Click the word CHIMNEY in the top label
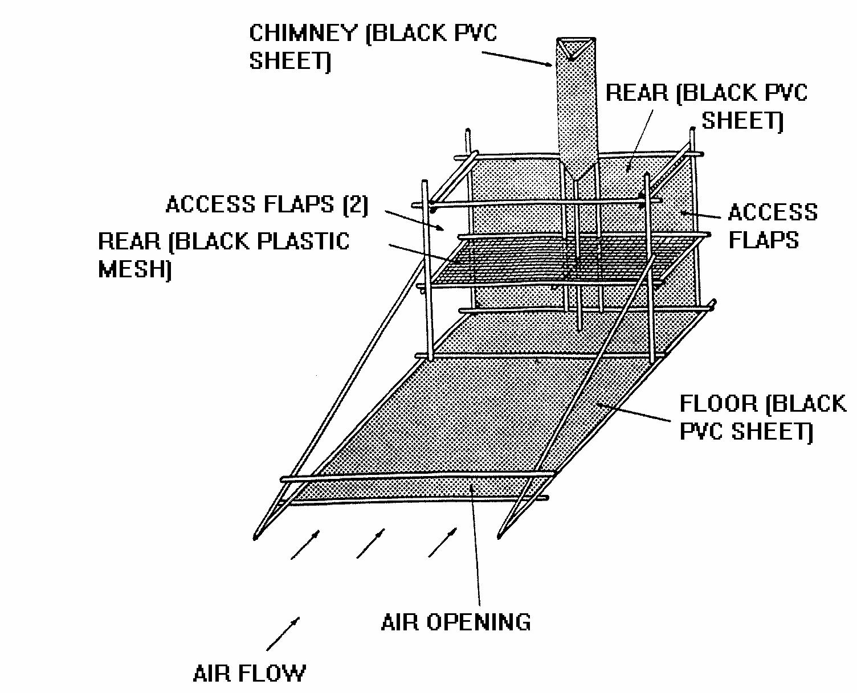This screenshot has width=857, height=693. pyautogui.click(x=303, y=33)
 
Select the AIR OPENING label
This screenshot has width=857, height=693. pyautogui.click(x=455, y=622)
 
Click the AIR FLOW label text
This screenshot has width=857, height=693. pyautogui.click(x=249, y=674)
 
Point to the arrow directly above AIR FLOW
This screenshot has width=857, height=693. pyautogui.click(x=283, y=633)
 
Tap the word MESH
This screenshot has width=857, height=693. pyautogui.click(x=134, y=269)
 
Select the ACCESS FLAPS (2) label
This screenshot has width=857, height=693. pyautogui.click(x=267, y=204)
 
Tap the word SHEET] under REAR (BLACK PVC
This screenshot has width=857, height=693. pyautogui.click(x=742, y=120)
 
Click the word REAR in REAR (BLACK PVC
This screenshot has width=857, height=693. pyautogui.click(x=637, y=92)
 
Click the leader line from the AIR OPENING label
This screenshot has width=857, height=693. pyautogui.click(x=476, y=547)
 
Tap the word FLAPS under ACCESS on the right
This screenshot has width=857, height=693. pyautogui.click(x=764, y=240)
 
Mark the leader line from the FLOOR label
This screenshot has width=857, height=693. pyautogui.click(x=632, y=413)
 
